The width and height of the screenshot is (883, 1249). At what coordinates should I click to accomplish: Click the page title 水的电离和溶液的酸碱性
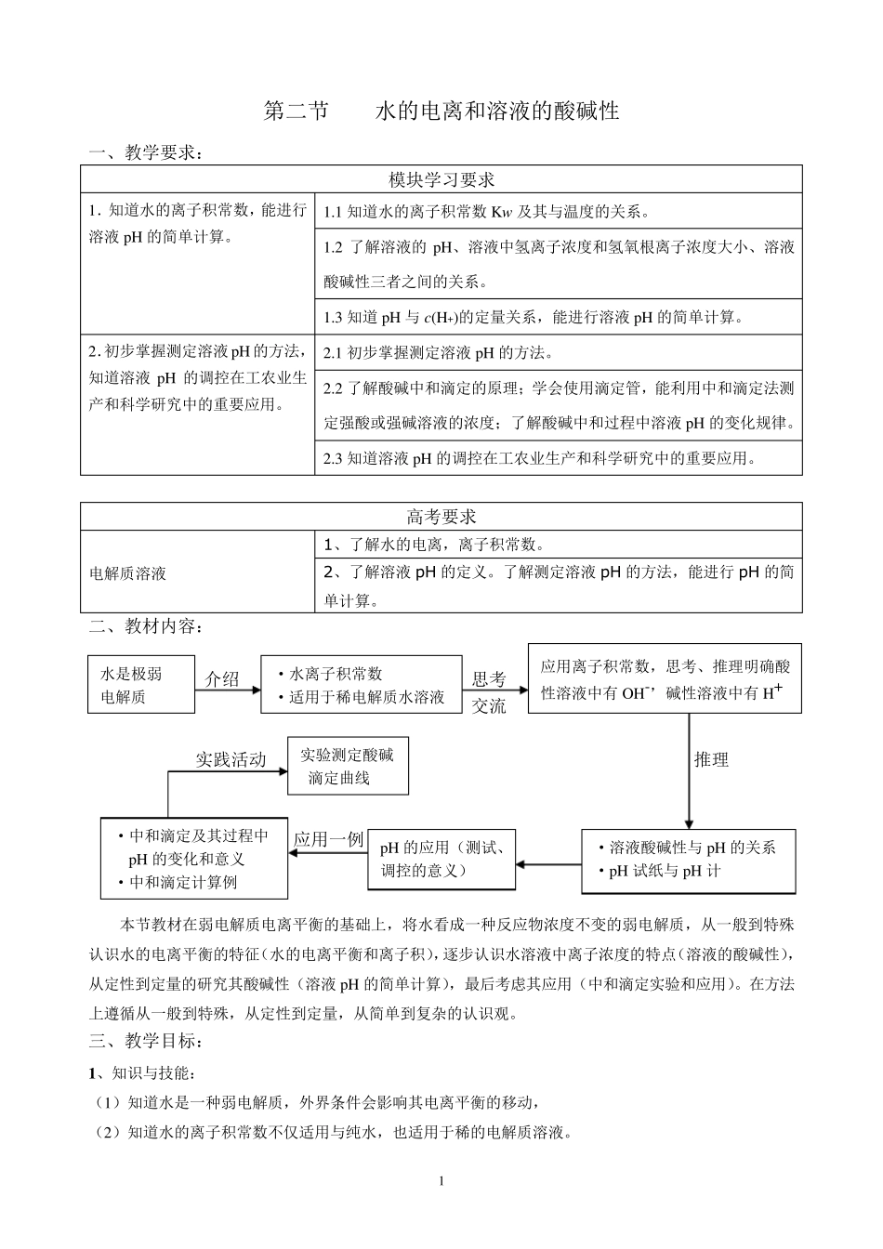click(x=496, y=112)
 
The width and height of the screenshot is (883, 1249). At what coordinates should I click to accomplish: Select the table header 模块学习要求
click(x=441, y=179)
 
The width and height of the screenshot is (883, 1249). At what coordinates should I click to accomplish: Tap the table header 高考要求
click(x=441, y=517)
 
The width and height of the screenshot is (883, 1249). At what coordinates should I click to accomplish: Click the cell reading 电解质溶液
click(x=127, y=573)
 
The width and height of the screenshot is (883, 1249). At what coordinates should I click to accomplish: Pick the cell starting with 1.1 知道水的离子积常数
click(x=487, y=212)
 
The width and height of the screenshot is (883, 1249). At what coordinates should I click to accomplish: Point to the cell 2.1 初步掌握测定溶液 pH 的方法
click(x=438, y=353)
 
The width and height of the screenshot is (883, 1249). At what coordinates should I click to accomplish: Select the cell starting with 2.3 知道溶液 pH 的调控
click(x=539, y=457)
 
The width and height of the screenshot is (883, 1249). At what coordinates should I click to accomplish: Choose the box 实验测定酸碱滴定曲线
click(x=348, y=767)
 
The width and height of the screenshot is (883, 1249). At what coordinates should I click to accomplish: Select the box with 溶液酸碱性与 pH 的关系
click(x=689, y=860)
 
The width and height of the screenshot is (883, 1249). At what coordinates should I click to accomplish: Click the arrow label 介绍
click(x=222, y=679)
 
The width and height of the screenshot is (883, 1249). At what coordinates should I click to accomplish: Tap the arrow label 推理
click(x=711, y=759)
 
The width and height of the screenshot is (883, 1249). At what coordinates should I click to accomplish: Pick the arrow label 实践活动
click(x=230, y=759)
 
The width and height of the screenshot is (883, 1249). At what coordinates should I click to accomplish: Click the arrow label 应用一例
click(x=328, y=839)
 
